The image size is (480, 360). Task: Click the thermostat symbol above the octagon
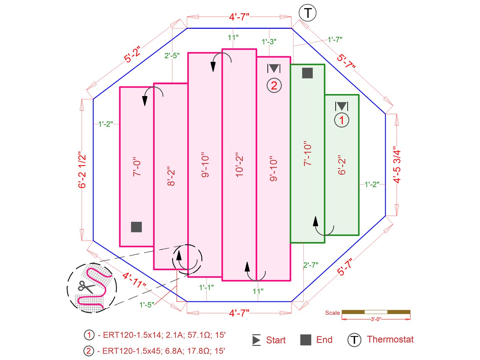tap(308, 13)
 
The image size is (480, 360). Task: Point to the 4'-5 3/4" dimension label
tap(397, 166)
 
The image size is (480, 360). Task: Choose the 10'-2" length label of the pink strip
tap(239, 165)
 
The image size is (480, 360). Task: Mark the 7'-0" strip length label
tap(137, 167)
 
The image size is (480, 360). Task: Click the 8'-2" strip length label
tap(171, 176)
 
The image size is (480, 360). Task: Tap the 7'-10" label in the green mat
tap(308, 153)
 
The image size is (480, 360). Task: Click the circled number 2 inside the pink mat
tap(274, 85)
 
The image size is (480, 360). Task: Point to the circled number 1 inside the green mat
tap(341, 120)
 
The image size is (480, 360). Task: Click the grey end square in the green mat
tap(307, 73)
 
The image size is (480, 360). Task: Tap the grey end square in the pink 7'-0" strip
tap(136, 227)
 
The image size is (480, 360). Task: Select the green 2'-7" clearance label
tap(311, 265)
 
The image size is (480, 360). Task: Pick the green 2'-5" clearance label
tap(172, 56)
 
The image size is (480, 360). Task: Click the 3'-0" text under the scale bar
tap(376, 319)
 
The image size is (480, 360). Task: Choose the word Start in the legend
tap(276, 340)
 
